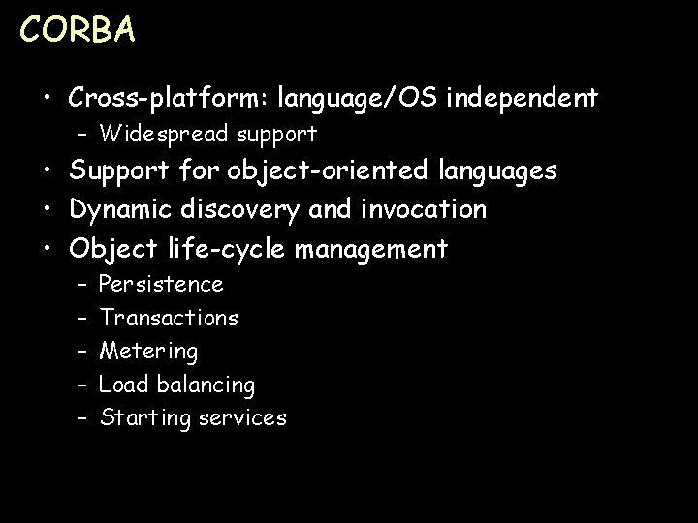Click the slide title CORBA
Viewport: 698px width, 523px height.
click(x=78, y=30)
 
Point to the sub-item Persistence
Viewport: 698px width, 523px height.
click(x=161, y=285)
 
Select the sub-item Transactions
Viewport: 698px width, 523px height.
click(x=169, y=318)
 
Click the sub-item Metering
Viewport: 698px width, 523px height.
click(x=148, y=351)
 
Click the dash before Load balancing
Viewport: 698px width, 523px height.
click(x=81, y=385)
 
